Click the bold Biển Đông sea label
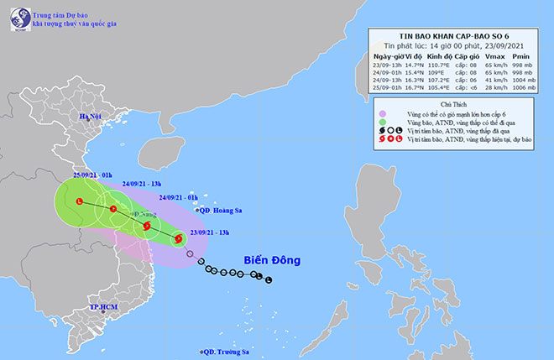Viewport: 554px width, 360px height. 273,260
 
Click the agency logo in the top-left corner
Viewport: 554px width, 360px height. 18,18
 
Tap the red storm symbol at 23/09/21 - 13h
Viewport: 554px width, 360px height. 178,239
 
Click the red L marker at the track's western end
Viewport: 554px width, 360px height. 80,201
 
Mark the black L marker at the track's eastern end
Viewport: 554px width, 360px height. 269,279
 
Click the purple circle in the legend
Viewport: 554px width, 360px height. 382,113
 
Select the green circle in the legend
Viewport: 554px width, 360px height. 382,123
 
